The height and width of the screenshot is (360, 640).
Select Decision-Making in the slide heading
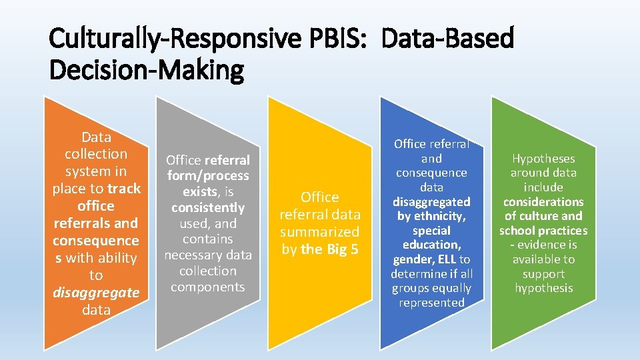147,69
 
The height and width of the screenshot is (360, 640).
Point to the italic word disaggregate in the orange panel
96,293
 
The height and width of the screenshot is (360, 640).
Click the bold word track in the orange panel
124,189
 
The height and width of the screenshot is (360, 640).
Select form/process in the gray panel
207,176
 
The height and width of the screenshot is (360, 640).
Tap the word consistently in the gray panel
207,207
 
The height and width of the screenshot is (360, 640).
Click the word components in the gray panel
207,287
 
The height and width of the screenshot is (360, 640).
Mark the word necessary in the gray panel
193,255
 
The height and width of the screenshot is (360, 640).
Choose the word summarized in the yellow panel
319,232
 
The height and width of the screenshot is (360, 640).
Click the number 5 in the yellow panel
354,249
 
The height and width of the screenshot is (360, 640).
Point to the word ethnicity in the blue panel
440,216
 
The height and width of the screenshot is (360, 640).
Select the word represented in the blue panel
431,303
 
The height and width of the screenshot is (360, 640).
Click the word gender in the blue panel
411,259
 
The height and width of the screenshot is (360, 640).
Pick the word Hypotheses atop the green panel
543,159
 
